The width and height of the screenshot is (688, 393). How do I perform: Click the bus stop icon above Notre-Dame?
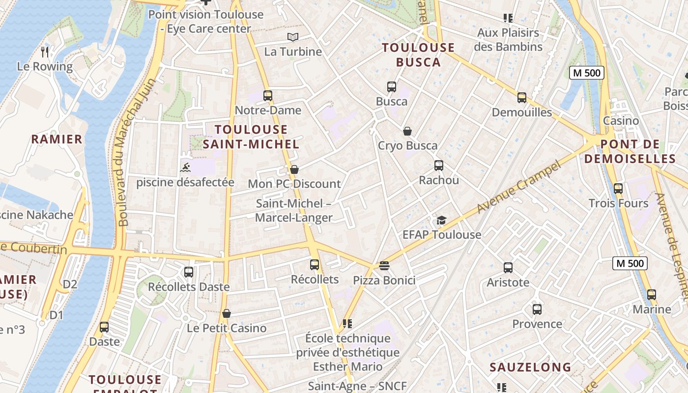point(268,96)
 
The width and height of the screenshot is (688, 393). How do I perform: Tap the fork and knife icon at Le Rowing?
point(45,52)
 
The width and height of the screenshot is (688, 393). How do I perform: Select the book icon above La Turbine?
point(293,37)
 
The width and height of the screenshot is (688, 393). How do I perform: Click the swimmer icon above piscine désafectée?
point(185,168)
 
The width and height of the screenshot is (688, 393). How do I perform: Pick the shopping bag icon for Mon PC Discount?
point(294,169)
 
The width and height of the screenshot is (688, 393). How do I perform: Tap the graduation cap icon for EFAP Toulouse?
point(441,220)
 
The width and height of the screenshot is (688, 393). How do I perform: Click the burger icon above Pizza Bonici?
point(384,266)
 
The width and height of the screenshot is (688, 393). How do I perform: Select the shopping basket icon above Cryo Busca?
point(407,131)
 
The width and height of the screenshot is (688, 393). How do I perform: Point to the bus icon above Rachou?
point(439,166)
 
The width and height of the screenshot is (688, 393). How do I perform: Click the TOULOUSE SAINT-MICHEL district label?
point(251,137)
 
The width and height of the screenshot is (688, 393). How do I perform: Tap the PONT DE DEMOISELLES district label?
point(630,151)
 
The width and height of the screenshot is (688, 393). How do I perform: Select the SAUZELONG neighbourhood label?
point(531,367)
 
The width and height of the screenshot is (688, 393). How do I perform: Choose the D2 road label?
point(70,284)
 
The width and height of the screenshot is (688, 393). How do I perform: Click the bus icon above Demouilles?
point(522,98)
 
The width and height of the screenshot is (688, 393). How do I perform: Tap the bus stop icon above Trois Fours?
point(618,188)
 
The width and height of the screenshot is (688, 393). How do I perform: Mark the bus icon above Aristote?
point(508,268)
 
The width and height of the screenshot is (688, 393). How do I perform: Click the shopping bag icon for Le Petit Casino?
point(227,313)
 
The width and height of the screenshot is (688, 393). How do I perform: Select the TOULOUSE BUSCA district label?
point(418,55)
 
